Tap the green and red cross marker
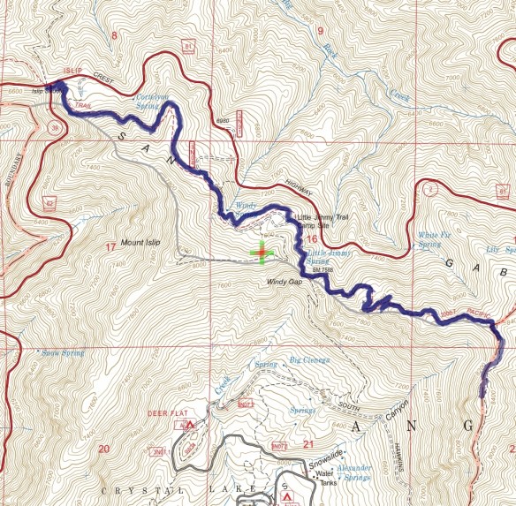(262, 252)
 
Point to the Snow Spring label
(63, 352)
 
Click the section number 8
(114, 35)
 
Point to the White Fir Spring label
(435, 239)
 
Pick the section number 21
(308, 443)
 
